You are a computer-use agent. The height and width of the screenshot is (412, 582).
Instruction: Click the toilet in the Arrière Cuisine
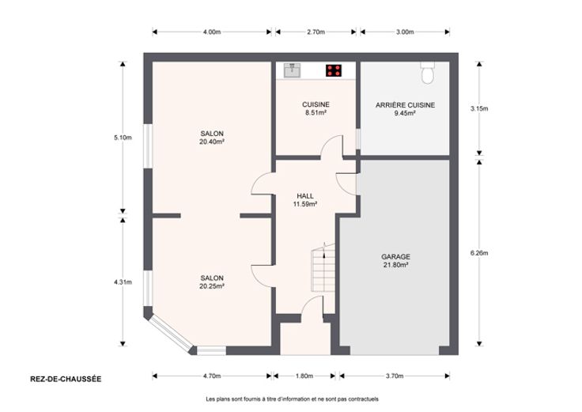(428, 72)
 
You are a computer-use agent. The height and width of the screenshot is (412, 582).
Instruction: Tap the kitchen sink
(293, 70)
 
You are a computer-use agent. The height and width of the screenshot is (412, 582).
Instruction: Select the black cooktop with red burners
(334, 70)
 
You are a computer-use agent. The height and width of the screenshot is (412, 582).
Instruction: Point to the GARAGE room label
(395, 256)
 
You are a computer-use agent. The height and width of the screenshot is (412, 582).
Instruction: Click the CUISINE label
(316, 104)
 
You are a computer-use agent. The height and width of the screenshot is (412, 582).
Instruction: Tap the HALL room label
(305, 195)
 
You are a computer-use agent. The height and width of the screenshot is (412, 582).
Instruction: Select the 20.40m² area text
(212, 142)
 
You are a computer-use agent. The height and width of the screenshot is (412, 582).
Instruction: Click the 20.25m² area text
(212, 286)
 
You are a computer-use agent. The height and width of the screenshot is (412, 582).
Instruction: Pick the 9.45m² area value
(405, 113)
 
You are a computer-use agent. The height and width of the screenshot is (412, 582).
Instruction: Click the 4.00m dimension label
(212, 32)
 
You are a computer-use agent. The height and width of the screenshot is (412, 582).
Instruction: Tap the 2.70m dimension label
(316, 32)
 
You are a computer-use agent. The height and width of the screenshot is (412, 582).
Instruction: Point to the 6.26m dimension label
(479, 253)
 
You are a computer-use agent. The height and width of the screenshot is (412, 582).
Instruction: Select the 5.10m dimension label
(123, 138)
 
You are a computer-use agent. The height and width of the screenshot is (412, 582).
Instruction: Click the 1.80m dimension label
(304, 376)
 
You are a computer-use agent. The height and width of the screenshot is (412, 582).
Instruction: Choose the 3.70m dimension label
(394, 376)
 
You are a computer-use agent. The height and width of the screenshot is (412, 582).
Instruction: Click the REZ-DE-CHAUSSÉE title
(66, 379)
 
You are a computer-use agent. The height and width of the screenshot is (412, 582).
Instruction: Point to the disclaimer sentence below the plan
(292, 399)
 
